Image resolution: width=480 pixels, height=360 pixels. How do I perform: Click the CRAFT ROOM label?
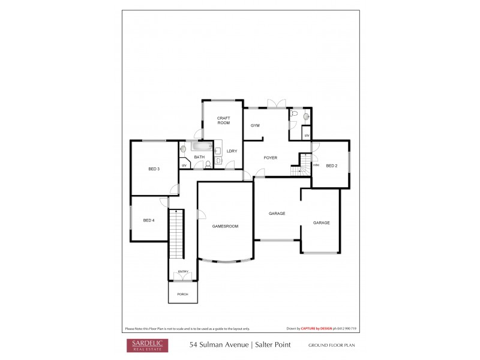coord(223,120)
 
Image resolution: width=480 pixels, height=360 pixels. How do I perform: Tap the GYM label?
coord(255,125)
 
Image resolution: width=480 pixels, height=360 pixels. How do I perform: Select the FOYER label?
coord(271,157)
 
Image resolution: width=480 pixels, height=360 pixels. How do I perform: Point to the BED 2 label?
coord(332,166)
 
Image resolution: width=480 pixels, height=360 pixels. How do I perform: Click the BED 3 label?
coord(154,169)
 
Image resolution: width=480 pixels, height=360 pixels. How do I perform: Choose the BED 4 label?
coord(149,220)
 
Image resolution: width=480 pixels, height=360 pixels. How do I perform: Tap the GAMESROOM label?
coord(226,226)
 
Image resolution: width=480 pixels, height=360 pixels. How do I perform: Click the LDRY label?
coord(232,151)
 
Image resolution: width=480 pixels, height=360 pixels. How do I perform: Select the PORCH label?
coord(182,294)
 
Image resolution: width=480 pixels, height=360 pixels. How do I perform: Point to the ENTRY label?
coord(183,272)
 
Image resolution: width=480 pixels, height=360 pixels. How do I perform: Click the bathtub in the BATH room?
coord(202,146)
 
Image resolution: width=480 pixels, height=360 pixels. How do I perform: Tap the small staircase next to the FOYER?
coord(299,170)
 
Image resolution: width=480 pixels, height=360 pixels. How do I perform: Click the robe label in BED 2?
coord(316,164)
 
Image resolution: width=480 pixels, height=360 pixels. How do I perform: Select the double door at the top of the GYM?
coord(277,103)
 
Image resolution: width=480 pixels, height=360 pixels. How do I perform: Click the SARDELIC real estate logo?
coord(147,345)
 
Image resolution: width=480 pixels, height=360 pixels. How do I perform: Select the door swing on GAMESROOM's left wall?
coord(203,214)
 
